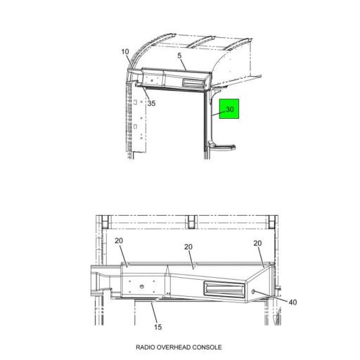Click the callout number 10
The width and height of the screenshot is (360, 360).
(125, 52)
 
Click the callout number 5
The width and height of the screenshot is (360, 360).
(179, 56)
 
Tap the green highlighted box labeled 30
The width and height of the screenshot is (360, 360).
(230, 109)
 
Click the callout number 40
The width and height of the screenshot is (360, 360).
(292, 302)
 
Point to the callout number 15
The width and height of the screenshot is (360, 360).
(157, 327)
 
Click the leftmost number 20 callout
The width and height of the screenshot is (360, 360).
(120, 240)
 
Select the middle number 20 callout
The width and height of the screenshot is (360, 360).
(188, 247)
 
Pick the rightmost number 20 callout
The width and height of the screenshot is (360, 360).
(257, 243)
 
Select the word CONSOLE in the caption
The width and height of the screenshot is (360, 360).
(209, 347)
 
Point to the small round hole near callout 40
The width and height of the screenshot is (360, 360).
(253, 290)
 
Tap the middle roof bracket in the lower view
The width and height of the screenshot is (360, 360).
(189, 223)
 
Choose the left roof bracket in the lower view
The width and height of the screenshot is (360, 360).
(104, 223)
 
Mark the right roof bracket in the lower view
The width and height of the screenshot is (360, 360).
(272, 223)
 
